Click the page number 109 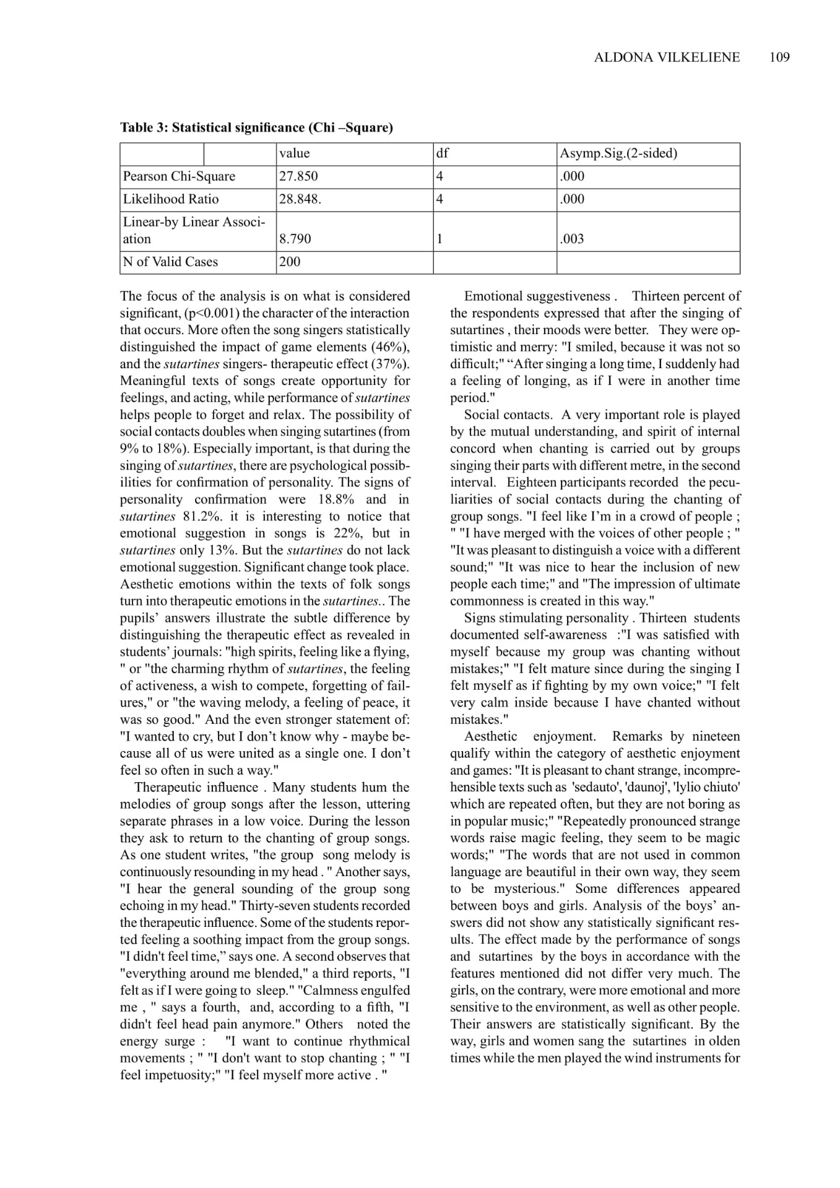coord(779,58)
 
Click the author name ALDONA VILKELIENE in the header coord(667,58)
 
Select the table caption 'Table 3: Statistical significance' coord(256,128)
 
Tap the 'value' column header coord(295,153)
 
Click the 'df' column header coord(442,153)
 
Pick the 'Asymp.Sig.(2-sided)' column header coord(618,153)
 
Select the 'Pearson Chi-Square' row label coord(179,176)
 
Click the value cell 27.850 coord(298,176)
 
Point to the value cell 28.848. coord(300,199)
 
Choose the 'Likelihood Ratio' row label coord(171,199)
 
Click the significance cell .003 coord(572,239)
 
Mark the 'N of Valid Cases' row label coord(170,262)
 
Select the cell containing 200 coord(290,262)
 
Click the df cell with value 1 coord(439,239)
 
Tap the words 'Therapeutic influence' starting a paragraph coord(196,788)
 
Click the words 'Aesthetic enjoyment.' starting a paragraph coord(530,736)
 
